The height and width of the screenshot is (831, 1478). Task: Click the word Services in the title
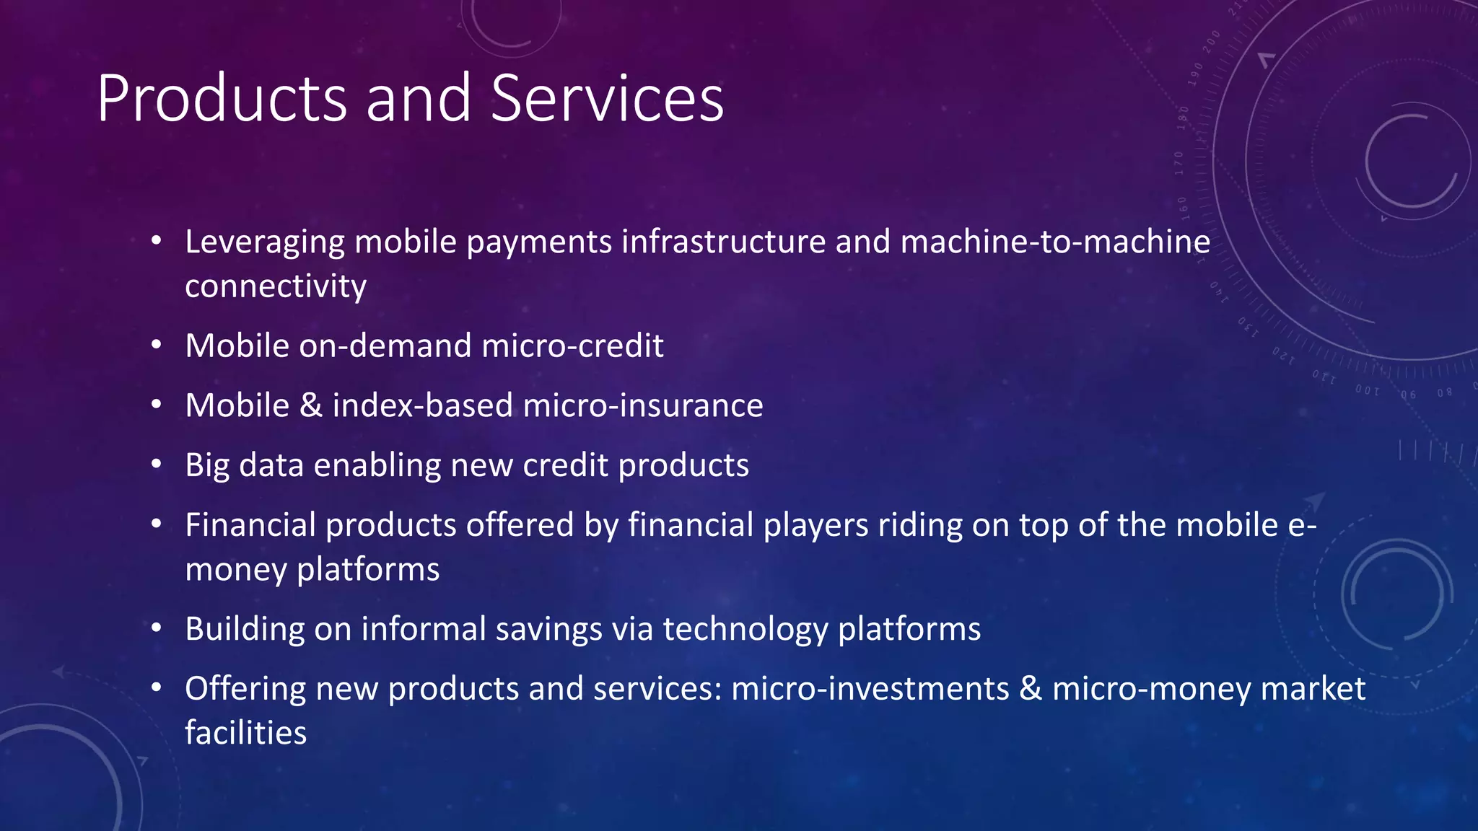pyautogui.click(x=607, y=99)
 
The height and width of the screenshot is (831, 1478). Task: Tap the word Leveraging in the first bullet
pyautogui.click(x=264, y=242)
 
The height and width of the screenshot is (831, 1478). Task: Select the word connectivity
pyautogui.click(x=276, y=286)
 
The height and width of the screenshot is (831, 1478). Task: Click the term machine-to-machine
pyautogui.click(x=1055, y=242)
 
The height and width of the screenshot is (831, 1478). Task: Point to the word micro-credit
pyautogui.click(x=572, y=346)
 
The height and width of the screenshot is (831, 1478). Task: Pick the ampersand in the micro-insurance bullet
pyautogui.click(x=310, y=405)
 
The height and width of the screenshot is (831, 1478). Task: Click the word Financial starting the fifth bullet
pyautogui.click(x=250, y=525)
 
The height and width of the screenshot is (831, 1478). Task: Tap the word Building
pyautogui.click(x=245, y=629)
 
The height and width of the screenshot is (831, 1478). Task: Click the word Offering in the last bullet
pyautogui.click(x=245, y=689)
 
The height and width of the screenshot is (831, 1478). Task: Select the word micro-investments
pyautogui.click(x=870, y=689)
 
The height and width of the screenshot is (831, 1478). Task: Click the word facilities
pyautogui.click(x=245, y=733)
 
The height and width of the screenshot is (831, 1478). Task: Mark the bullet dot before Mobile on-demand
pyautogui.click(x=157, y=345)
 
